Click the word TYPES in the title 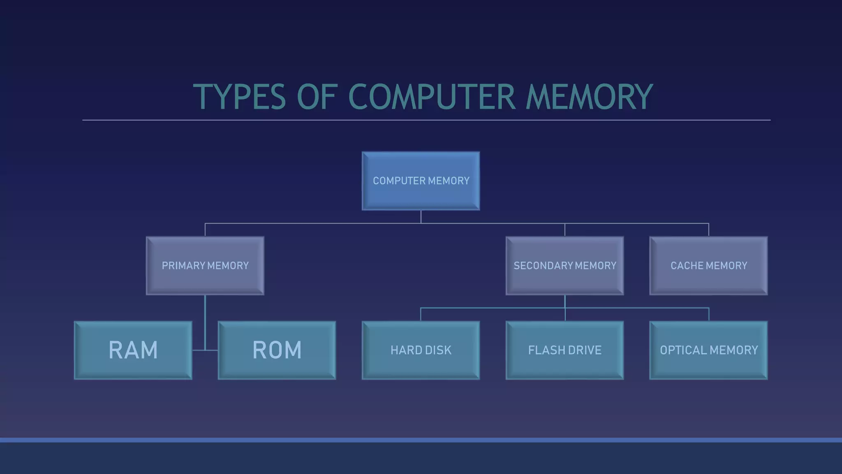pyautogui.click(x=239, y=97)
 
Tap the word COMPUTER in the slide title pyautogui.click(x=431, y=97)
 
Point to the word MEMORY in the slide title pyautogui.click(x=589, y=97)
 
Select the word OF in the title pyautogui.click(x=317, y=97)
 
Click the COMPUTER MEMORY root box pyautogui.click(x=421, y=181)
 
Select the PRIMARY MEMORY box pyautogui.click(x=205, y=265)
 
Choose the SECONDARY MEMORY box pyautogui.click(x=564, y=265)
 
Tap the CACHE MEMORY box pyautogui.click(x=708, y=265)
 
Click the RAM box pyautogui.click(x=133, y=350)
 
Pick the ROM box pyautogui.click(x=277, y=350)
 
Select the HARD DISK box pyautogui.click(x=421, y=350)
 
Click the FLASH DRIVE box pyautogui.click(x=564, y=350)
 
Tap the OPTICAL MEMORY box pyautogui.click(x=708, y=350)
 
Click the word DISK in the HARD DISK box pyautogui.click(x=438, y=350)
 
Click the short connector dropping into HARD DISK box pyautogui.click(x=421, y=314)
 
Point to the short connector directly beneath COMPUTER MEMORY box pyautogui.click(x=421, y=217)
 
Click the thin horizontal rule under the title pyautogui.click(x=426, y=120)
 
